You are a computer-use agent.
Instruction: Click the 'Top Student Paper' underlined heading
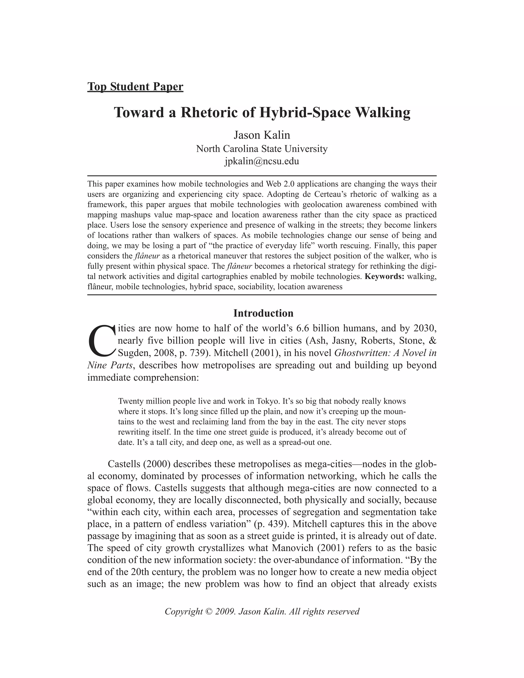tap(135, 87)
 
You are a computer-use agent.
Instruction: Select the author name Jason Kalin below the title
tap(262, 135)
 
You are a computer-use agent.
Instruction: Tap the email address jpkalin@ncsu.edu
tap(262, 161)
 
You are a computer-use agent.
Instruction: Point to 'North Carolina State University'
tap(262, 149)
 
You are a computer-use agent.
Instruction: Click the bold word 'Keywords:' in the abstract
tap(384, 276)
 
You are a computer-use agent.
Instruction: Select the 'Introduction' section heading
tap(263, 313)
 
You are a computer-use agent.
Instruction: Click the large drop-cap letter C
tap(102, 341)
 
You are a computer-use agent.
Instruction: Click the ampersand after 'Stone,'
tap(432, 341)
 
